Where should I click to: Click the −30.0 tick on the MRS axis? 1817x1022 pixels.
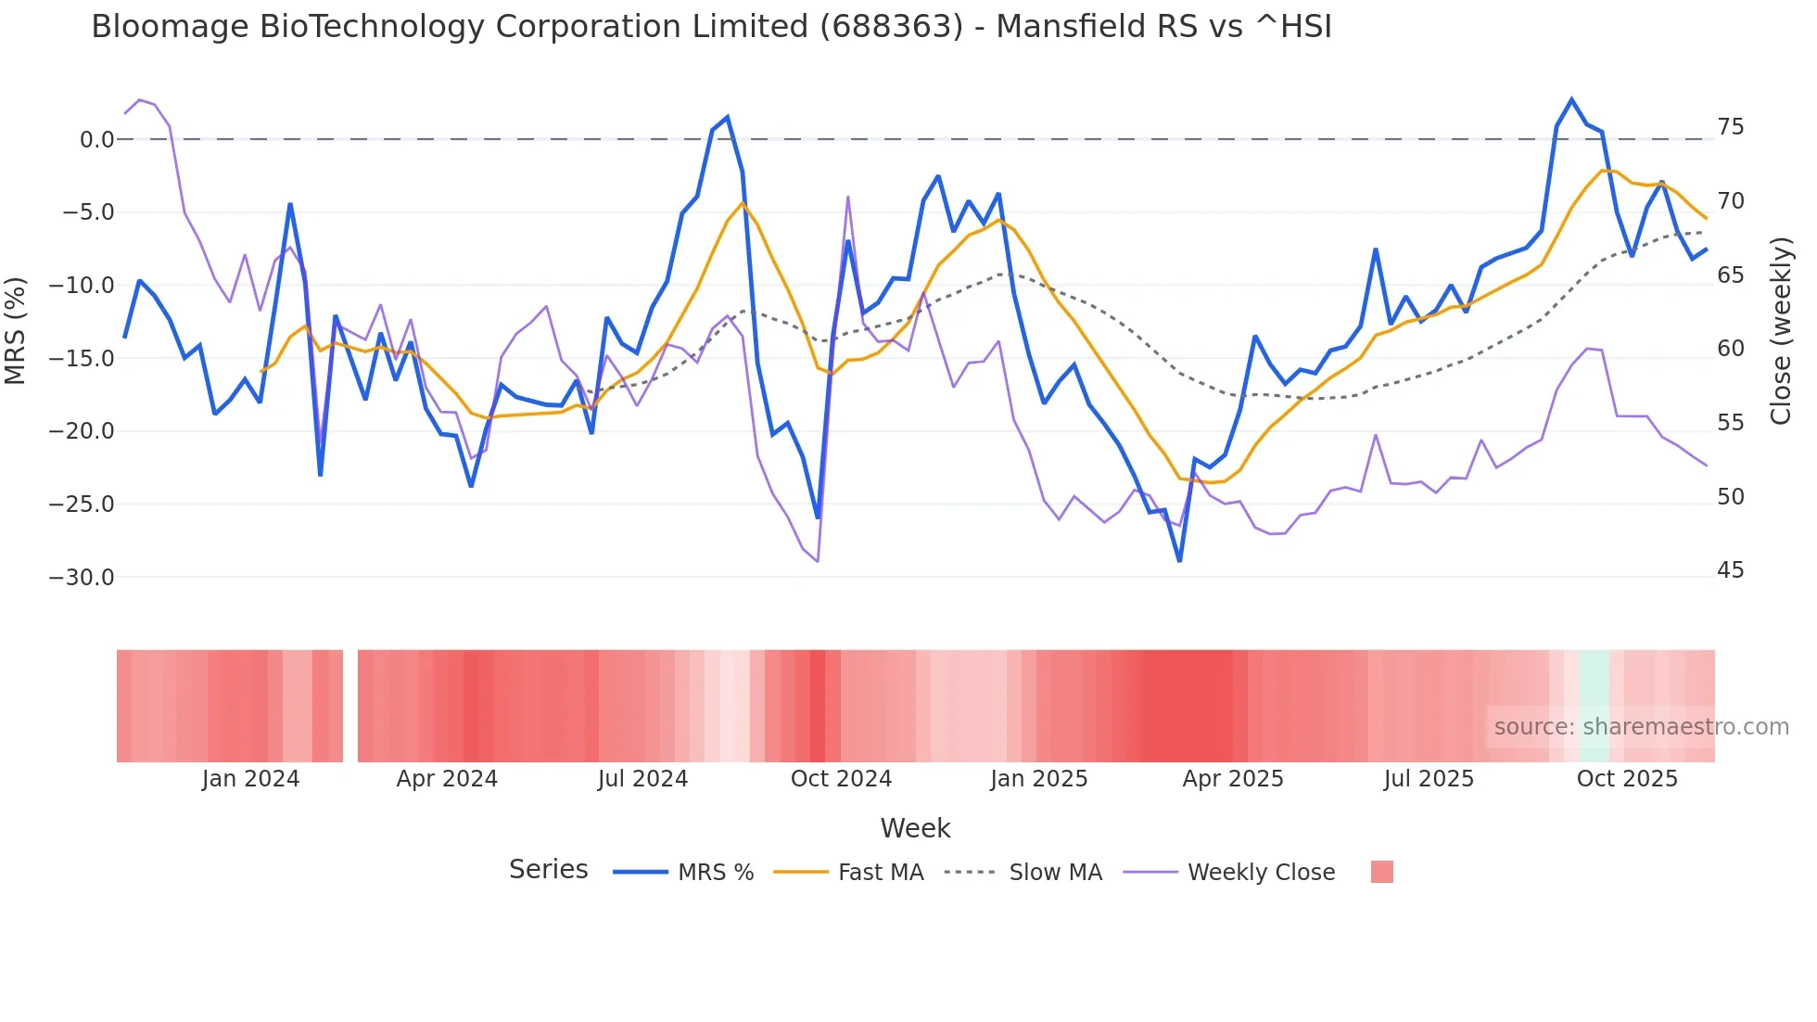point(81,577)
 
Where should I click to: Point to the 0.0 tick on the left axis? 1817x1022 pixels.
point(96,140)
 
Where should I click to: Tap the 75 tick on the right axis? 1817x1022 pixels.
point(1730,127)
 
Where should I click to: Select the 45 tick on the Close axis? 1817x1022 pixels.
point(1730,570)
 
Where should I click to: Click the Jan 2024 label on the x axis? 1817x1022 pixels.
point(250,779)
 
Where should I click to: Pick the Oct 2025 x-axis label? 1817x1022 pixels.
point(1627,779)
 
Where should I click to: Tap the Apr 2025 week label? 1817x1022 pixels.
point(1232,779)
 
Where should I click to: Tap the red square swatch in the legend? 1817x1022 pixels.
point(1381,872)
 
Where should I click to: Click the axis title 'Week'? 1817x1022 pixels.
point(915,828)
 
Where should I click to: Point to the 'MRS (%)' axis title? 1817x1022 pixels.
point(16,331)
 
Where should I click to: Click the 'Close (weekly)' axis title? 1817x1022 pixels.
point(1781,331)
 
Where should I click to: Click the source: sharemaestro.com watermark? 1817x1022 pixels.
point(1641,727)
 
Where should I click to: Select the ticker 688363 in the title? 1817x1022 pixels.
point(891,27)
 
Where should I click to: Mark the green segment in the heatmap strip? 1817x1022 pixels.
point(1595,706)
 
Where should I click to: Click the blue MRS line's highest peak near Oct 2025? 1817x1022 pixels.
point(1571,99)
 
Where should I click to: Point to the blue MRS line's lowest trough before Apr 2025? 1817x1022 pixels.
point(1179,560)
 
